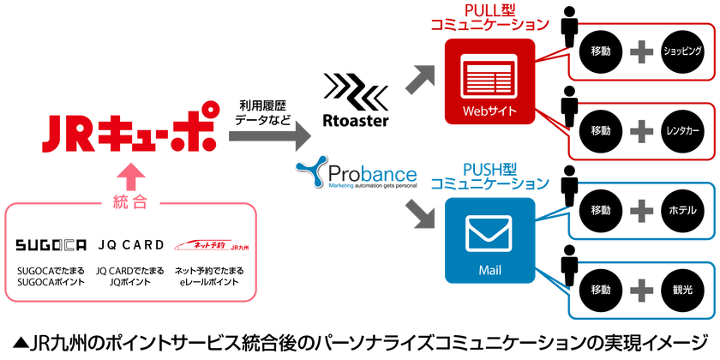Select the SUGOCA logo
tap(51, 245)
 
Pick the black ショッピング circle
tap(683, 51)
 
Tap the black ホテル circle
tap(683, 209)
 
